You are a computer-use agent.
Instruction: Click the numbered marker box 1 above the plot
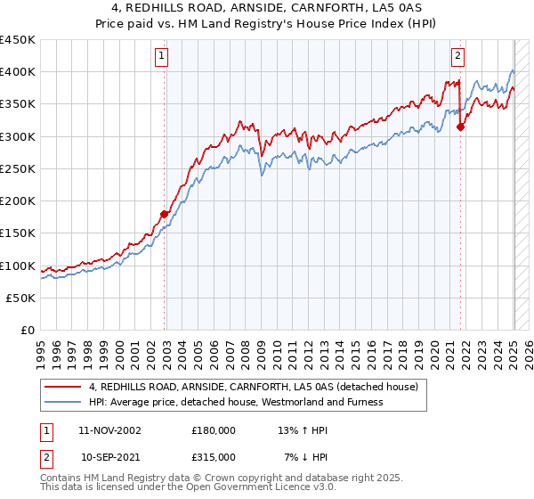(161, 56)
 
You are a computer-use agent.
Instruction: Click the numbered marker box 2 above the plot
(457, 56)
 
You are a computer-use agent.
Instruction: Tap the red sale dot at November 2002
(165, 214)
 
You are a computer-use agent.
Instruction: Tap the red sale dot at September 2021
(460, 127)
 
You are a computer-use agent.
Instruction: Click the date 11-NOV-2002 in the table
(109, 429)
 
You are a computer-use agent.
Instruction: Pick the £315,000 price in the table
(213, 456)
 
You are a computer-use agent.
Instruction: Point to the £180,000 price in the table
(213, 429)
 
